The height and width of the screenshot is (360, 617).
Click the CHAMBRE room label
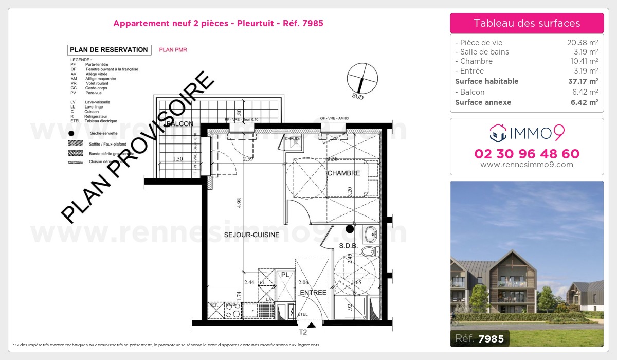pos(344,173)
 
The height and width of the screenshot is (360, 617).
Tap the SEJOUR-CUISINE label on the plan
pos(251,235)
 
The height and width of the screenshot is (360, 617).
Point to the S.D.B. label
pos(348,246)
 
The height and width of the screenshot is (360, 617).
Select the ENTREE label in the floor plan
pos(313,293)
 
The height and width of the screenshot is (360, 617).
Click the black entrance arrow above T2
pos(311,325)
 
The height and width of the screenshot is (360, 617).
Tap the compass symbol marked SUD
pos(362,79)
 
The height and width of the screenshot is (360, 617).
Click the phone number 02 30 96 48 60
pos(527,154)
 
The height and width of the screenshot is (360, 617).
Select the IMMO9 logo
pos(527,133)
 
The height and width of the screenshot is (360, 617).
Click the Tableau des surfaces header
pos(527,23)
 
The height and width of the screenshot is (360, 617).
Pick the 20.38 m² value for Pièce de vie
pos(582,43)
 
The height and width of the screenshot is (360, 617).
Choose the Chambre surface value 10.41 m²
pos(582,61)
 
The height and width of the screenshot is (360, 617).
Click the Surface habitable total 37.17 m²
pos(582,81)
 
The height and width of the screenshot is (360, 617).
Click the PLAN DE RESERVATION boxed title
pos(108,50)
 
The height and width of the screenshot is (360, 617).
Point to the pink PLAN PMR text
pos(173,50)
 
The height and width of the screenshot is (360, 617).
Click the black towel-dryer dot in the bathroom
pos(350,228)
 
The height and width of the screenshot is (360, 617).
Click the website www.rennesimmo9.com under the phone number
pos(527,165)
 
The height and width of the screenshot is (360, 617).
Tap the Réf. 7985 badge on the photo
pos(480,338)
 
